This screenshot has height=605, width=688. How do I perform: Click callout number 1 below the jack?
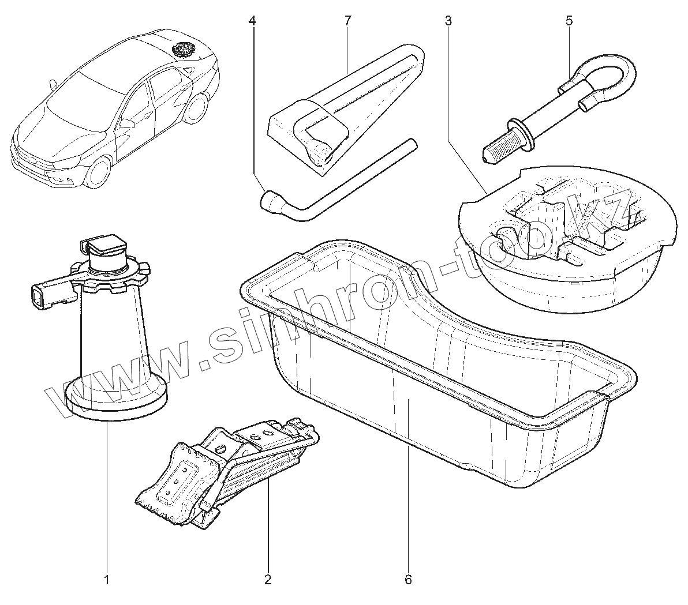coord(106,579)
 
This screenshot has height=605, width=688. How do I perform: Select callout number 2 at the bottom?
coord(267,579)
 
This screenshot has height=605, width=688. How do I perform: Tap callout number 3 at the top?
coord(448,21)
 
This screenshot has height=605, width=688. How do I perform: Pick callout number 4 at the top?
coord(252,21)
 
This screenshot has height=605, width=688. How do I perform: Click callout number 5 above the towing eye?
coord(569,21)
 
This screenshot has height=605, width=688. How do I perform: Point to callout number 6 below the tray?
coord(408,579)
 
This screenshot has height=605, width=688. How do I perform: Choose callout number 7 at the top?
coord(347,21)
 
